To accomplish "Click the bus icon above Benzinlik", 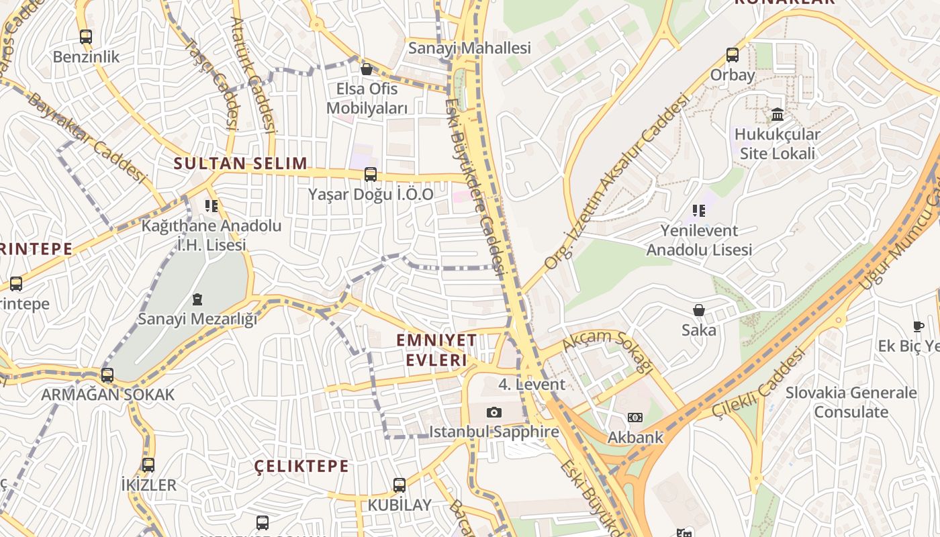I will tap(85, 37).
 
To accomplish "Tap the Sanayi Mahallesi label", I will tap(469, 48).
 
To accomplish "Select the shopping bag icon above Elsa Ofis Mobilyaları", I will tap(367, 69).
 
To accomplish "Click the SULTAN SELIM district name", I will tap(240, 163).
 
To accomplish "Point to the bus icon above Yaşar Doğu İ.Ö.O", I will tap(370, 175).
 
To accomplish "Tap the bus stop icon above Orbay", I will tap(733, 55).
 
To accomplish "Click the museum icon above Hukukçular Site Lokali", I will tap(778, 115).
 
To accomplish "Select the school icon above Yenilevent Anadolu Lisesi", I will tap(698, 211).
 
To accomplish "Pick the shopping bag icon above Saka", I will tap(699, 310).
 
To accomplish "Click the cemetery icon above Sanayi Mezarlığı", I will tap(197, 299).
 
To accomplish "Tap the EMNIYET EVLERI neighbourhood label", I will tap(436, 350).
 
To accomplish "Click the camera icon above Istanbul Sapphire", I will tap(494, 412).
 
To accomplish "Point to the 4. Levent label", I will tap(532, 385).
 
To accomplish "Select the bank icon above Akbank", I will tap(634, 418).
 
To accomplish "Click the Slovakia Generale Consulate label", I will tap(851, 402).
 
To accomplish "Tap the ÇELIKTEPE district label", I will tap(301, 466).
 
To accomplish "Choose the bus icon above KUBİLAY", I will tap(399, 485).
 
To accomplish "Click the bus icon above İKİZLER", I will tap(148, 465).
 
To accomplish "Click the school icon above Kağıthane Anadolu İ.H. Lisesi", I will tap(211, 205).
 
